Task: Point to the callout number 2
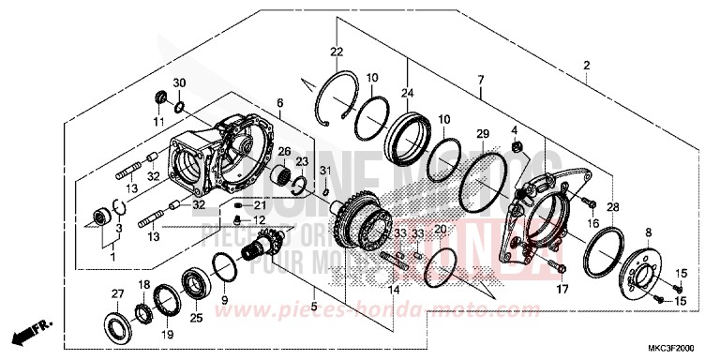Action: click(x=586, y=66)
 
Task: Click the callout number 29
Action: click(x=483, y=134)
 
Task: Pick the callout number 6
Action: click(x=278, y=102)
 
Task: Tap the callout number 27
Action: click(x=118, y=294)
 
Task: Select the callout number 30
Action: click(x=180, y=82)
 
